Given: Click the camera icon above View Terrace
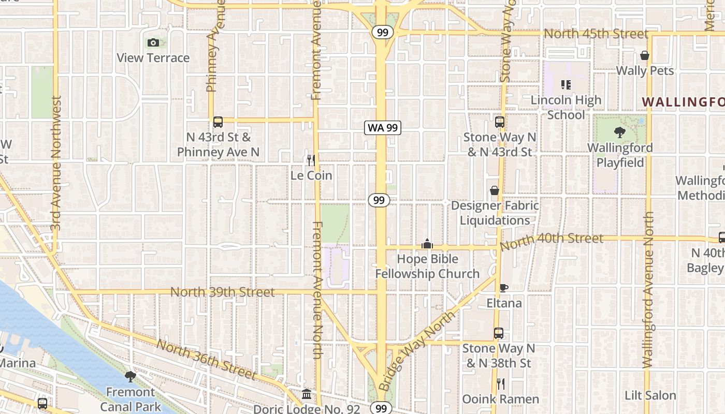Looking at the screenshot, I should click(153, 43).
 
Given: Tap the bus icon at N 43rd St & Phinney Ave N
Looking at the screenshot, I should click(218, 122).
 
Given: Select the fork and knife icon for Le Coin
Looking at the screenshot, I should click(311, 160).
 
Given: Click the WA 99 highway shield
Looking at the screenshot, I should click(383, 128).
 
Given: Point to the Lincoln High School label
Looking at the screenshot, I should click(566, 107).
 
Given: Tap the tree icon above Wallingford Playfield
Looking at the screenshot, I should click(619, 132).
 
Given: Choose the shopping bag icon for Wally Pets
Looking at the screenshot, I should click(645, 55).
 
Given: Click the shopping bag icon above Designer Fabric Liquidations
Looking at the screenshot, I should click(495, 190).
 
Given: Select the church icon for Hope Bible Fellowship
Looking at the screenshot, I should click(427, 243).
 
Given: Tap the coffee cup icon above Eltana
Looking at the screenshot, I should click(503, 288).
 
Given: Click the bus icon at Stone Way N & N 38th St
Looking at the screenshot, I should click(499, 333).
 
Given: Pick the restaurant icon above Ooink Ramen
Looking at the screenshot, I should click(500, 384).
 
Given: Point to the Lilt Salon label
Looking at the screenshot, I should click(650, 396).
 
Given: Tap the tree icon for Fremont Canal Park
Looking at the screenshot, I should click(130, 377).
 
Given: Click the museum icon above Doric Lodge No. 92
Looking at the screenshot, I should click(307, 394).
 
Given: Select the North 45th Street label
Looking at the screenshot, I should click(596, 34).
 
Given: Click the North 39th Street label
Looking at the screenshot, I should click(222, 292).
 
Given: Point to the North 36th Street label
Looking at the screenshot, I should click(206, 359).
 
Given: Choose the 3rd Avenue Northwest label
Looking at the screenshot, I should click(56, 163).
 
